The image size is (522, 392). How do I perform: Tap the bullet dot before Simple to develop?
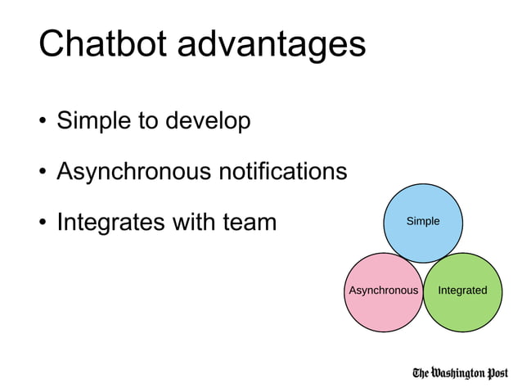click(42, 123)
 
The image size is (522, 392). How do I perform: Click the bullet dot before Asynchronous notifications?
click(42, 173)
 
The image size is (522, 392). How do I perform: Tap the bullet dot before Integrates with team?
click(42, 223)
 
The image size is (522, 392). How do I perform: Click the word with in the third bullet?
click(194, 222)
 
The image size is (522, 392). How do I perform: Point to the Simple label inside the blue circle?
click(423, 221)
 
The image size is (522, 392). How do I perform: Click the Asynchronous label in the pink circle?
click(383, 291)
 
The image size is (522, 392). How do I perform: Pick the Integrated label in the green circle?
click(462, 291)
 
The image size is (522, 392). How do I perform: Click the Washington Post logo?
click(460, 373)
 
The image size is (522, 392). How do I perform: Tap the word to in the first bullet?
click(147, 123)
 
